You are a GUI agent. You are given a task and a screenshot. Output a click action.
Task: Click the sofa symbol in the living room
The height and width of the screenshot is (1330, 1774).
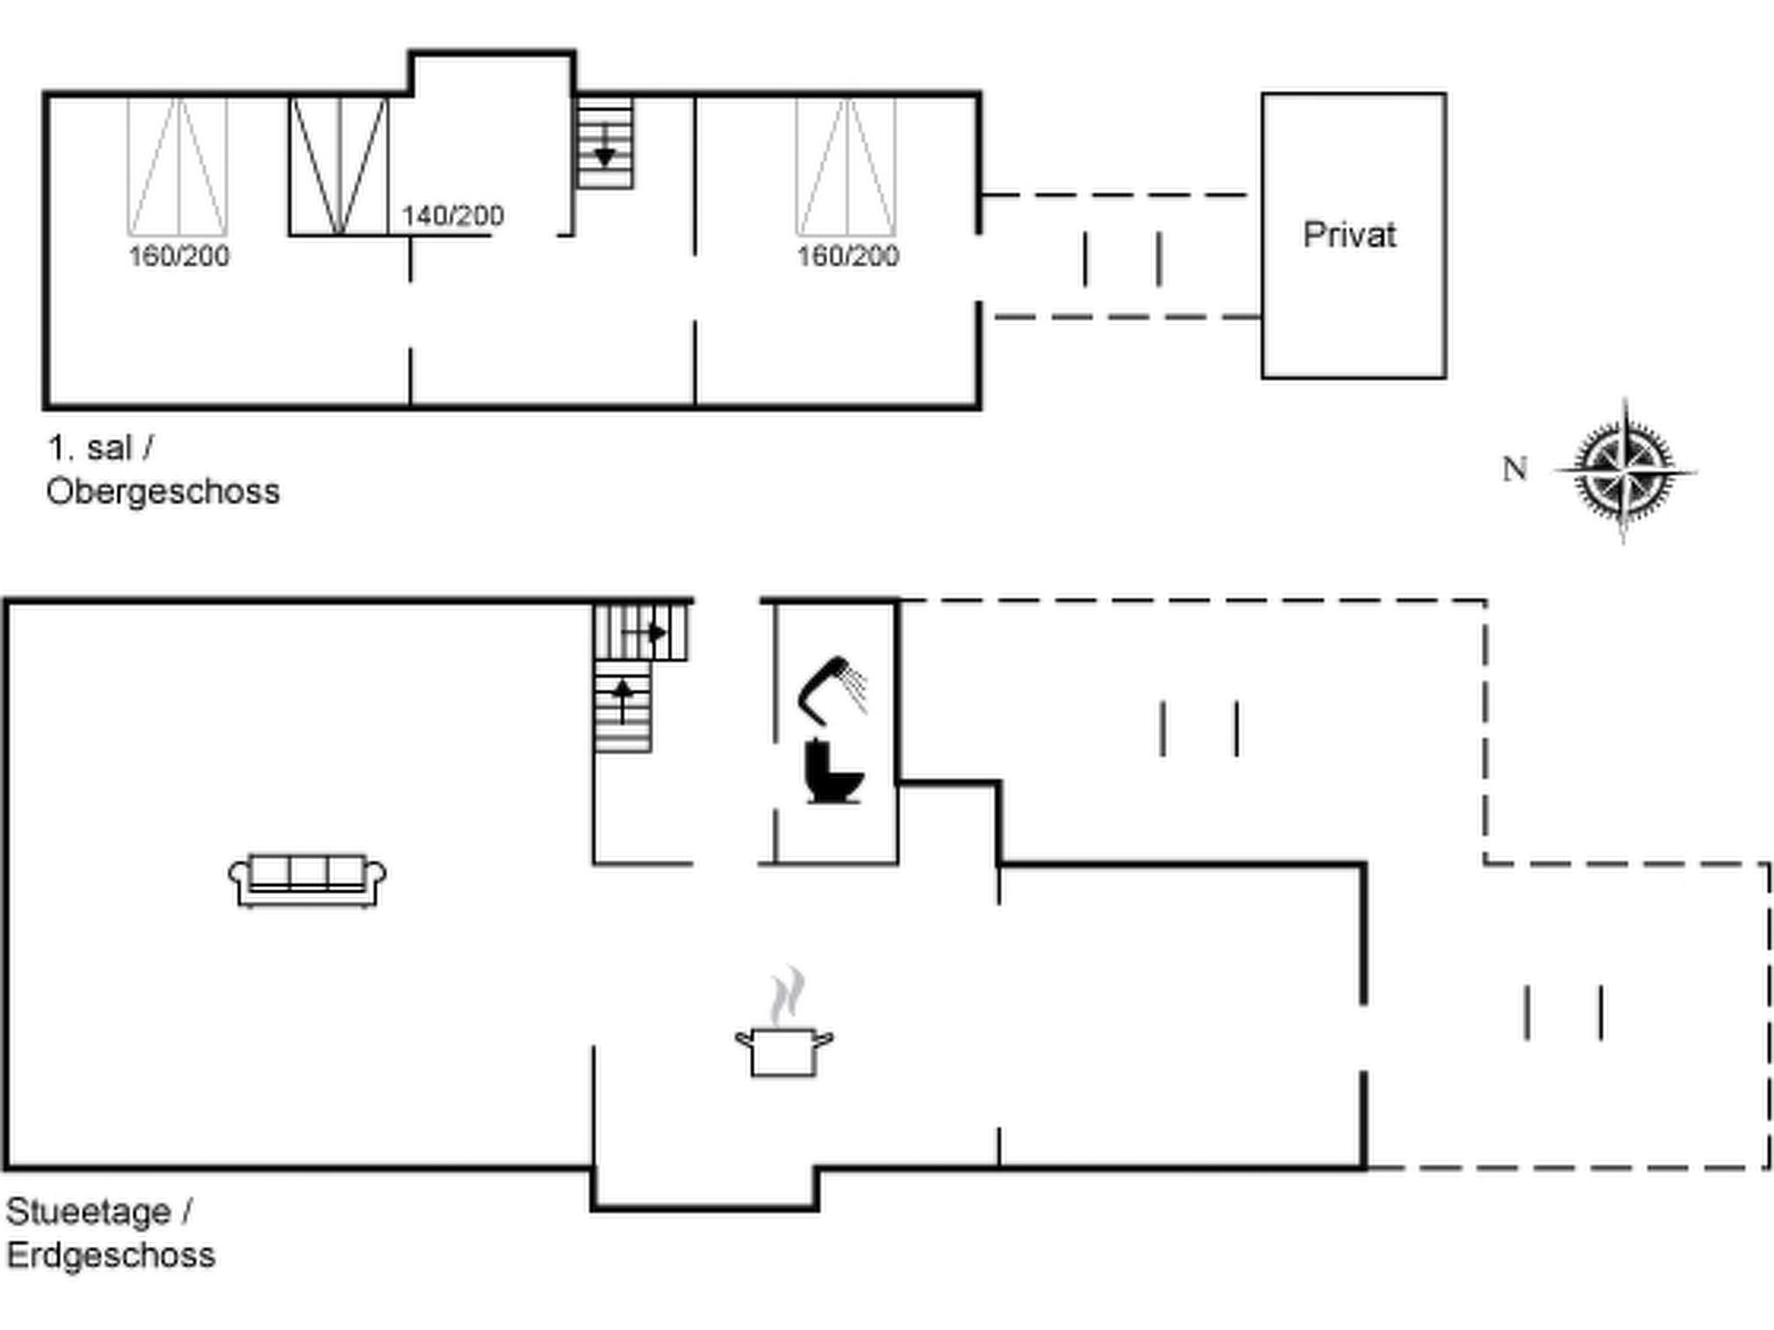click(308, 881)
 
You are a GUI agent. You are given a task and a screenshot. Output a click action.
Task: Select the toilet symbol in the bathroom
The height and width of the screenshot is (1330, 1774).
click(833, 772)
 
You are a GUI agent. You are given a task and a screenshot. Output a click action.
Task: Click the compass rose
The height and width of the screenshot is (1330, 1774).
click(1625, 472)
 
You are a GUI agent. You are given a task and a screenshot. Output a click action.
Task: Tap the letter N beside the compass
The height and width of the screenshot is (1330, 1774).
click(1515, 469)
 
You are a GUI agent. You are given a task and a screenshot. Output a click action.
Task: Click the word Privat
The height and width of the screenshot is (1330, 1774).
click(1350, 235)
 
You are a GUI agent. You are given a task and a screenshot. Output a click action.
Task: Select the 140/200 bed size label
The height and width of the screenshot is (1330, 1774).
click(452, 216)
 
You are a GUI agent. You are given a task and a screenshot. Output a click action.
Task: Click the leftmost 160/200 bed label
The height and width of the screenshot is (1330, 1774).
click(179, 256)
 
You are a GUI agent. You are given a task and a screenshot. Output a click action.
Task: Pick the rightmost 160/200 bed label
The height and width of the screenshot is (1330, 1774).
click(848, 256)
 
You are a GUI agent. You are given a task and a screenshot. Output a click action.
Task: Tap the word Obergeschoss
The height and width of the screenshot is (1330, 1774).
click(163, 492)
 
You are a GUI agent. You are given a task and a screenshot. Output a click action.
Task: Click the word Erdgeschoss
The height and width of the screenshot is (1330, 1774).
click(111, 1255)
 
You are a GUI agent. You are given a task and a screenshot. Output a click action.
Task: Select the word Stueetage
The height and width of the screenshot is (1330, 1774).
click(88, 1212)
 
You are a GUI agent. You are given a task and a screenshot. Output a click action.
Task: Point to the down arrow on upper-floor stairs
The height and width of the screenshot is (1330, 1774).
click(605, 146)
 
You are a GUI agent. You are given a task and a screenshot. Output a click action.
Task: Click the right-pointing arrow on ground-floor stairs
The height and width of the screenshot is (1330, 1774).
click(645, 633)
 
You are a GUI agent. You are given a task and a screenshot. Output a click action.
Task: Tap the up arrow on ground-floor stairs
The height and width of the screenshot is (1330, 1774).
click(622, 701)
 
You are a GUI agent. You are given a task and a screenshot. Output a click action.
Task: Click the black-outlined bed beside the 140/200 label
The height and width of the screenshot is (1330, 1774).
click(339, 165)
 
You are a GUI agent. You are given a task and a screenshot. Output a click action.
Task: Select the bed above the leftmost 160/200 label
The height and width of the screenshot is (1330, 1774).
click(178, 165)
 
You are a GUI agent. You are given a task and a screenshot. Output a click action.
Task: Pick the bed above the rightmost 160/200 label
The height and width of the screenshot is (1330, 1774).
click(846, 165)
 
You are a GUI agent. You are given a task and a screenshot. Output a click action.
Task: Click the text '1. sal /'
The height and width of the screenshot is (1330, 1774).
click(100, 449)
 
